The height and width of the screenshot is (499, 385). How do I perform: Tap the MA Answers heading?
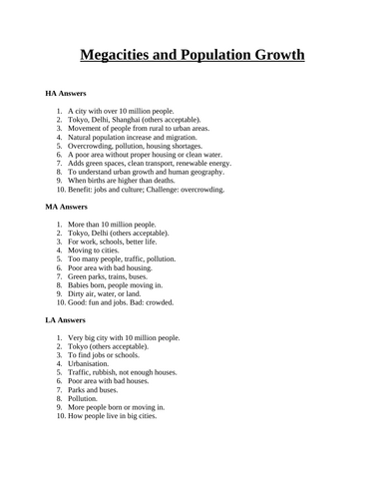pos(68,207)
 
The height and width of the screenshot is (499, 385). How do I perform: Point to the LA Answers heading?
pos(67,320)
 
